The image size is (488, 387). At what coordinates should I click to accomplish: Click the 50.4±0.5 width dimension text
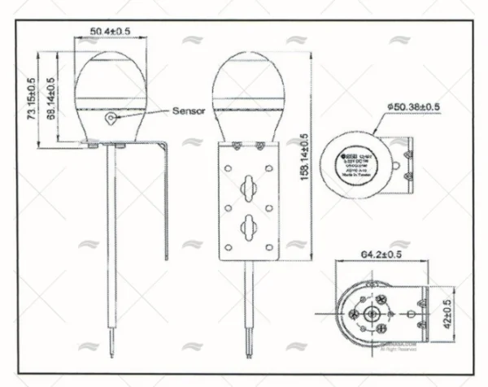[x=108, y=30]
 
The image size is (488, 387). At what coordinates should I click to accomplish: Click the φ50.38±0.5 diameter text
[x=415, y=107]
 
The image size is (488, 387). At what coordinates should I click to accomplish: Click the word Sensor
[x=189, y=110]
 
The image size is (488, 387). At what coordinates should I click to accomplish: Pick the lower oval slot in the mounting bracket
[x=246, y=224]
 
